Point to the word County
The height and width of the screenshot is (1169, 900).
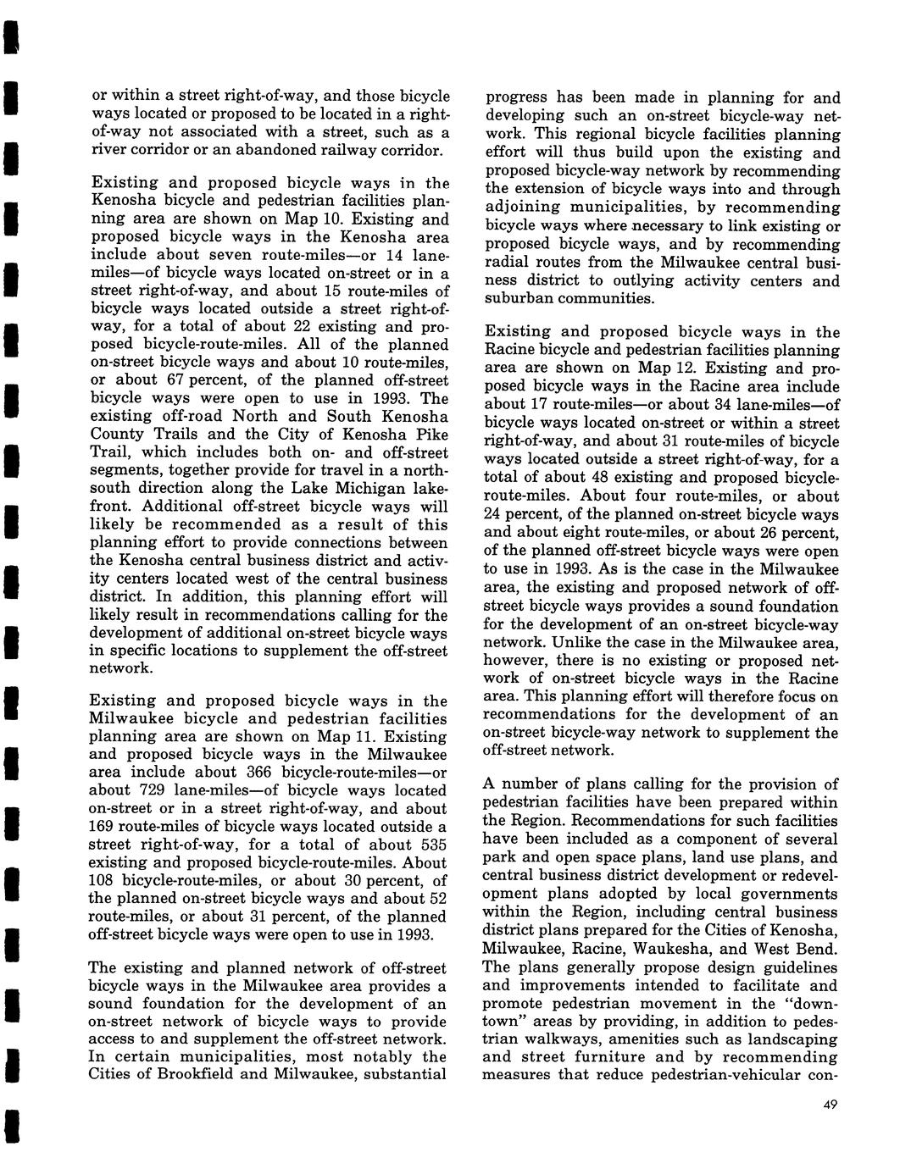(x=118, y=434)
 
